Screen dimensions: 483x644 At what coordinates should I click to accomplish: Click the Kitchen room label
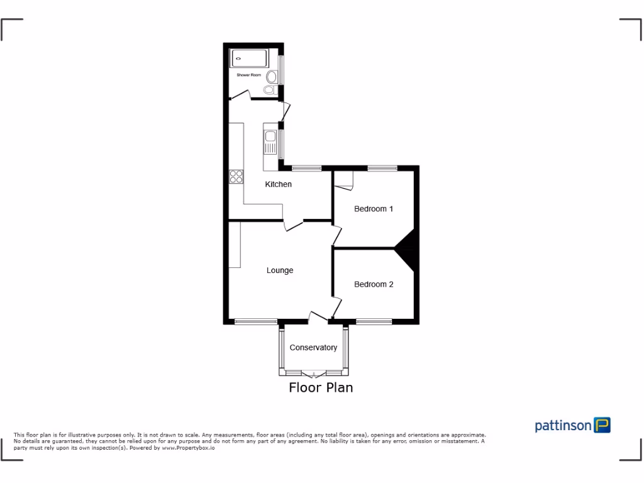pos(278,184)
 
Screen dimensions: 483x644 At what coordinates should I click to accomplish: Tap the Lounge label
pos(280,270)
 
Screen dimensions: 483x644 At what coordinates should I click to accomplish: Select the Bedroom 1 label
pos(374,209)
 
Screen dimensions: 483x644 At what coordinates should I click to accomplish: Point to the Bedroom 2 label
pos(374,284)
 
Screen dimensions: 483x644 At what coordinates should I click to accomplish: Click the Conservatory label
pos(313,348)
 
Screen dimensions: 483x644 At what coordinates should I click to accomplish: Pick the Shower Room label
pos(248,75)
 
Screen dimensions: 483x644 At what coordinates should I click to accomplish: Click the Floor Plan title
pos(321,387)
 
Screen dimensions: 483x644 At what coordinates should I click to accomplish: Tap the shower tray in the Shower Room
pos(250,59)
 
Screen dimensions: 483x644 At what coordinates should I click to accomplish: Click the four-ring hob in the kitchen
pos(236,177)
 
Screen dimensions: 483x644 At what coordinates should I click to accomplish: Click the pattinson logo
pos(572,426)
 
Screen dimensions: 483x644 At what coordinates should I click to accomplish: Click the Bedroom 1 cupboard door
pos(345,180)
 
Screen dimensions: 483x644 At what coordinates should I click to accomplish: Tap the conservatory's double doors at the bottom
pos(313,374)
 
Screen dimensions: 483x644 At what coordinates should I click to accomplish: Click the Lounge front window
pos(256,322)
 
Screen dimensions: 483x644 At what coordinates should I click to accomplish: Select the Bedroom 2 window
pos(374,322)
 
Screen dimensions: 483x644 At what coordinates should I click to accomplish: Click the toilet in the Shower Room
pos(272,77)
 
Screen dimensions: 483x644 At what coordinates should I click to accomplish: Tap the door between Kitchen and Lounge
pos(294,225)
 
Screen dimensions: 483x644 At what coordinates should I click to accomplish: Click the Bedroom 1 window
pos(382,168)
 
